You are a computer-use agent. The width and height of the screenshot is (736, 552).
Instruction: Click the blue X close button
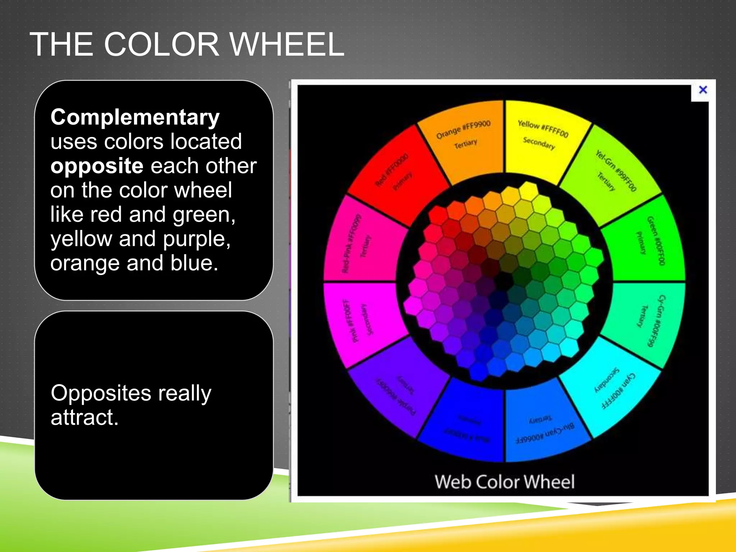coord(703,90)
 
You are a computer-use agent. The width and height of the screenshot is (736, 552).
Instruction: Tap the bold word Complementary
coord(135,117)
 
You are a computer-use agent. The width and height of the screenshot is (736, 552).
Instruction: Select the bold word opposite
coord(97,166)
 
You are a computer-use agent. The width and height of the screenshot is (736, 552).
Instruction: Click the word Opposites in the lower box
coord(101,393)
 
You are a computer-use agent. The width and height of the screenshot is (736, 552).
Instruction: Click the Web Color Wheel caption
coord(505,482)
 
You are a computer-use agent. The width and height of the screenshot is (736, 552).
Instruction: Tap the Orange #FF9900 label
coord(463,129)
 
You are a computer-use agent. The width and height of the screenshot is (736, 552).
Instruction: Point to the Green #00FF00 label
coord(656,240)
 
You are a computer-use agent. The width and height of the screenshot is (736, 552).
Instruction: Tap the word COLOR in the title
coord(161,45)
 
